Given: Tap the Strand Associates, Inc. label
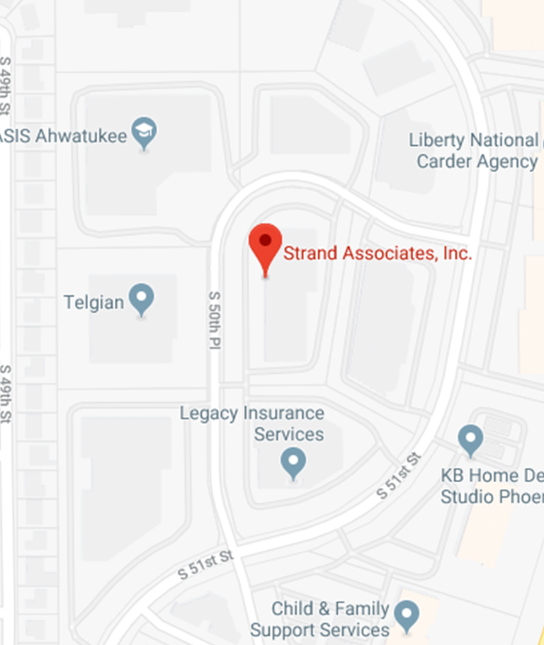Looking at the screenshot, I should tap(377, 253).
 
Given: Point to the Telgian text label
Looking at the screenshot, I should tap(93, 302).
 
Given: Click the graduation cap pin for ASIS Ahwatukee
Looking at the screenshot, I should tap(145, 131).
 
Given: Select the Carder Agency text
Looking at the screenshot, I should tap(477, 161).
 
